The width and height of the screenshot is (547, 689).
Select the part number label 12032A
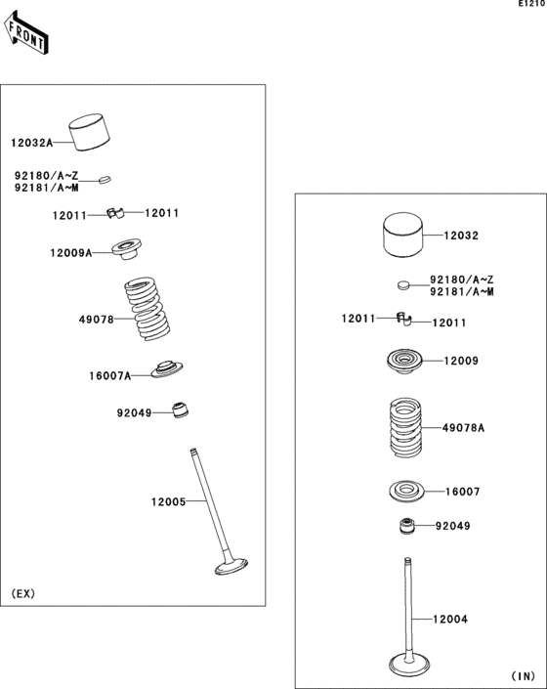coord(32,143)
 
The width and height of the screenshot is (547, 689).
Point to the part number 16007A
coord(107,374)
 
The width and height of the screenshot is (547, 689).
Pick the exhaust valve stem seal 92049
coord(180,410)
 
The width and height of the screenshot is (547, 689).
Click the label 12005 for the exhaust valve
coord(167,501)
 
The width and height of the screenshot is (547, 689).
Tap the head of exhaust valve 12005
coord(232,567)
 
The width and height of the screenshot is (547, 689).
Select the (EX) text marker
coord(23,594)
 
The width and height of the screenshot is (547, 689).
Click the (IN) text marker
coord(523,675)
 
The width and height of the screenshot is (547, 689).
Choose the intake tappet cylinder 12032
coord(406,236)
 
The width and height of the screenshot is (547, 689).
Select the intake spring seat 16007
coord(408,491)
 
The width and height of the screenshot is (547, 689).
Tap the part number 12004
coord(451,620)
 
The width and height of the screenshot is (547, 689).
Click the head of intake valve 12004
coord(407,664)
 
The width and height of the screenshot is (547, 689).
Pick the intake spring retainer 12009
coord(408,362)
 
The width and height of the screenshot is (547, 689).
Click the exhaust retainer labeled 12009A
coord(125,249)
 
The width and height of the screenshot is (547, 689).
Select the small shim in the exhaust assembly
coord(106,179)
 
